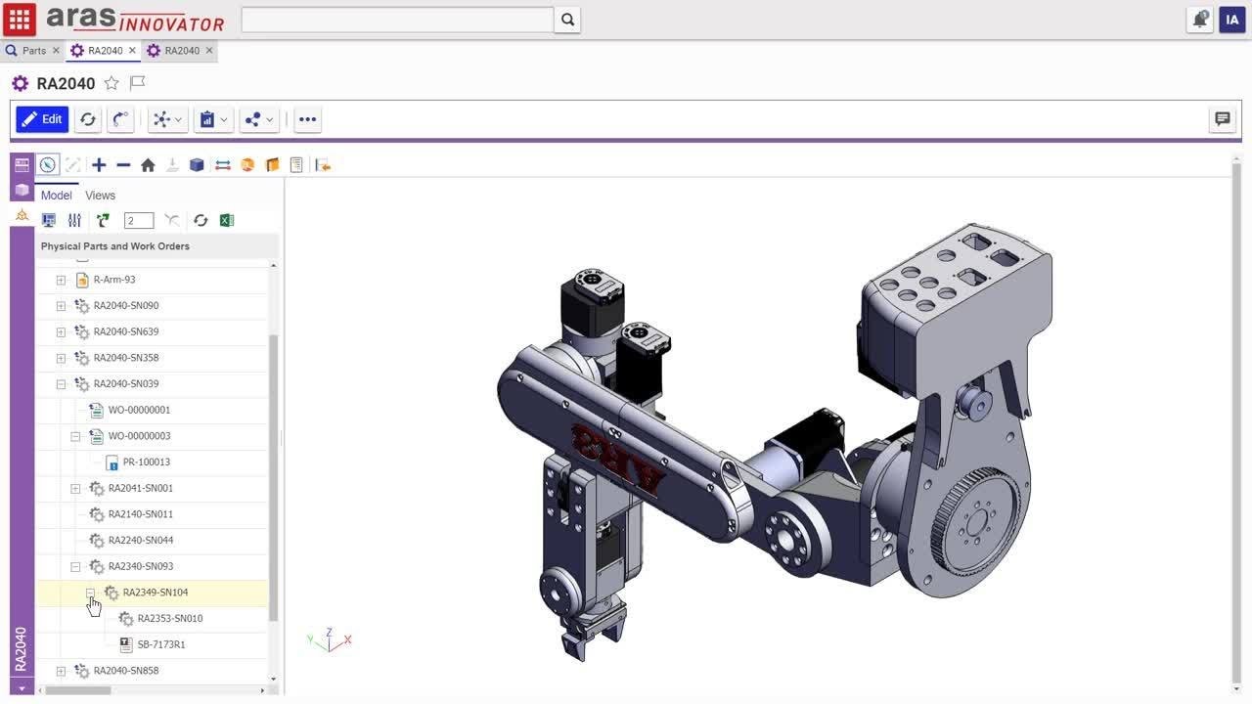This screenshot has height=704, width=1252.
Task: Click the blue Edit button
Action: tap(42, 119)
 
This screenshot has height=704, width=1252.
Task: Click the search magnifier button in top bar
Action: tap(567, 20)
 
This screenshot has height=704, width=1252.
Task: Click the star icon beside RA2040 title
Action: tap(112, 83)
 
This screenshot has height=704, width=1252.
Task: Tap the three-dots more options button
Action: tap(307, 119)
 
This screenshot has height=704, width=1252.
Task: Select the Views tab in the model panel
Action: tap(100, 196)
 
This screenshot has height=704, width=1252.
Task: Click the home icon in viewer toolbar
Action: tap(148, 165)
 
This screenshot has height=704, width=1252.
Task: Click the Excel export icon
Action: tap(227, 221)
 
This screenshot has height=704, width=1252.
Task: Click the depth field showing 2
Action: tap(139, 221)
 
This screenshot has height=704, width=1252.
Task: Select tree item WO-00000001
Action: tap(139, 410)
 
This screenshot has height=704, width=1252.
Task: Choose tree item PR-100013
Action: tap(146, 462)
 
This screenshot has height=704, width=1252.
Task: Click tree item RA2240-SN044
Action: tap(140, 540)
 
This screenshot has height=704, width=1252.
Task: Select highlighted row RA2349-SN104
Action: tap(155, 593)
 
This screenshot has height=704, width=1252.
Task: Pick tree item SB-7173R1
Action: tap(160, 644)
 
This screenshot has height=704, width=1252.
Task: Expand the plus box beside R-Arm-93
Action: tap(61, 280)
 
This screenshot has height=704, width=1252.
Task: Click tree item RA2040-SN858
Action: tap(125, 671)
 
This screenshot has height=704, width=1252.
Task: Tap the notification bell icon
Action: tap(1199, 20)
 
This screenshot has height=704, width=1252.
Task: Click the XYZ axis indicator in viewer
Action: tap(330, 640)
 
